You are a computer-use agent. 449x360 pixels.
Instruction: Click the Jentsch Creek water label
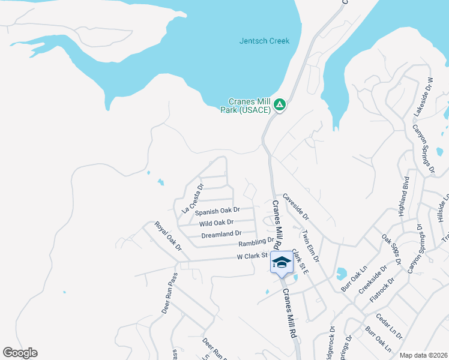264,41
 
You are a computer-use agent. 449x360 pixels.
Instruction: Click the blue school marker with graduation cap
282,262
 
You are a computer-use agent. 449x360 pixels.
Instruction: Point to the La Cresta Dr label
193,199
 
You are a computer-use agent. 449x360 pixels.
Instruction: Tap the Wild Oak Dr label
216,223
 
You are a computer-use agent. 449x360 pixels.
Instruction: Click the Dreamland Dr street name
221,233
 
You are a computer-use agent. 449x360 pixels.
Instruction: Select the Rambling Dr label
256,242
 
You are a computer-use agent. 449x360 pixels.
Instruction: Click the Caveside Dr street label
295,206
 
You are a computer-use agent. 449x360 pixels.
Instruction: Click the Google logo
20,353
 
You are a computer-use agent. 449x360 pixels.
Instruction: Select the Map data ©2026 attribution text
423,355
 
